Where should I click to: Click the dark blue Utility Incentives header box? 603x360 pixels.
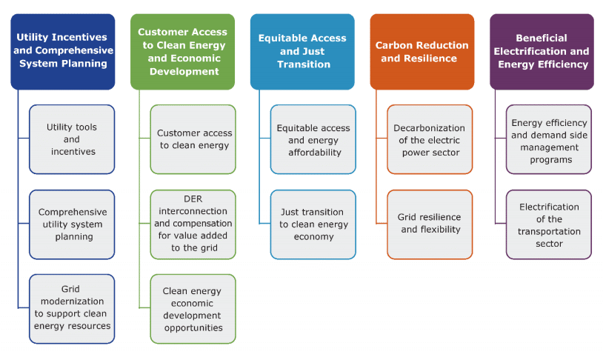(x=63, y=52)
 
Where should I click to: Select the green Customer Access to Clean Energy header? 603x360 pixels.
(x=183, y=52)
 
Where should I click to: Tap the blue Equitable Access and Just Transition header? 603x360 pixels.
(x=302, y=52)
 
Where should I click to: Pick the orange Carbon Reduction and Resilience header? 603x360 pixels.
(x=422, y=52)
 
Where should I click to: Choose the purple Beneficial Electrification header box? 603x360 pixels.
(x=542, y=52)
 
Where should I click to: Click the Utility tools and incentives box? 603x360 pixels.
(x=72, y=139)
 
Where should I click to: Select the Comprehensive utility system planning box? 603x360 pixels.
(x=72, y=224)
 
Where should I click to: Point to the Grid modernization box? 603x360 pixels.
(x=72, y=309)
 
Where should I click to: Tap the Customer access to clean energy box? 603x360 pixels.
(x=193, y=139)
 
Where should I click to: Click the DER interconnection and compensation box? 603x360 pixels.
(x=193, y=224)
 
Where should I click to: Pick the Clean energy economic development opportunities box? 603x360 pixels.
(x=193, y=309)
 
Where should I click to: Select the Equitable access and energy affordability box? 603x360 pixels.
(x=313, y=139)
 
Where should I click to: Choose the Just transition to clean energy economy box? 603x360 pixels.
(x=313, y=224)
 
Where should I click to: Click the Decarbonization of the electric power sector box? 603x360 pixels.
(x=430, y=139)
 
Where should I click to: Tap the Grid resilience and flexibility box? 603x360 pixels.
(x=430, y=224)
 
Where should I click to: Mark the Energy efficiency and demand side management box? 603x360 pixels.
(x=549, y=139)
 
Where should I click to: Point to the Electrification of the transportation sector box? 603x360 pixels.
(x=549, y=224)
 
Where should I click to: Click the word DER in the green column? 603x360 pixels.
(x=193, y=199)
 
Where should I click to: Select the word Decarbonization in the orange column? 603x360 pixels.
(x=429, y=128)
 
